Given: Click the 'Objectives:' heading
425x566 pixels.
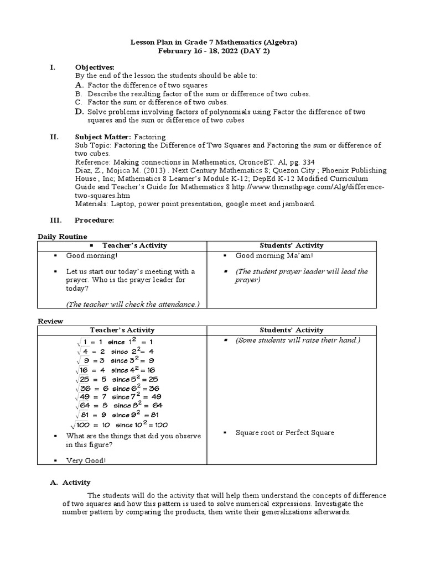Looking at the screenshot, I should tap(95, 67).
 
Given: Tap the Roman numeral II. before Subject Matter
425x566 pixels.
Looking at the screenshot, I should tap(54, 137).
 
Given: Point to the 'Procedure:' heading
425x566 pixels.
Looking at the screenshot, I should tap(95, 220).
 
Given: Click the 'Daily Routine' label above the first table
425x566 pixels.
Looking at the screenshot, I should tap(63, 237).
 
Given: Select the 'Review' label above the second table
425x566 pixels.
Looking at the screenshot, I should tap(50, 321).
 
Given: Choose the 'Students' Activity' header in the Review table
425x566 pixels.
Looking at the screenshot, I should tap(292, 330).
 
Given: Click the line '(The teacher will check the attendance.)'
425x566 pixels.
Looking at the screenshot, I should tap(133, 304).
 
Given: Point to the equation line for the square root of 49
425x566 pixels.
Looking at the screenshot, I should tap(119, 396).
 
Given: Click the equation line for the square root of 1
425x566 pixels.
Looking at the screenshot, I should tap(116, 342).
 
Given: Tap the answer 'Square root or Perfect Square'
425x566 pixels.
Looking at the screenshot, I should tap(284, 433).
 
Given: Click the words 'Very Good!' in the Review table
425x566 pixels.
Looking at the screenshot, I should tap(86, 460).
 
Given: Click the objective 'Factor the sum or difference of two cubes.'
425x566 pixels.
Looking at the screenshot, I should tap(158, 102).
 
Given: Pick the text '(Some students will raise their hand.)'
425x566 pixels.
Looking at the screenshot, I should tap(298, 340).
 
